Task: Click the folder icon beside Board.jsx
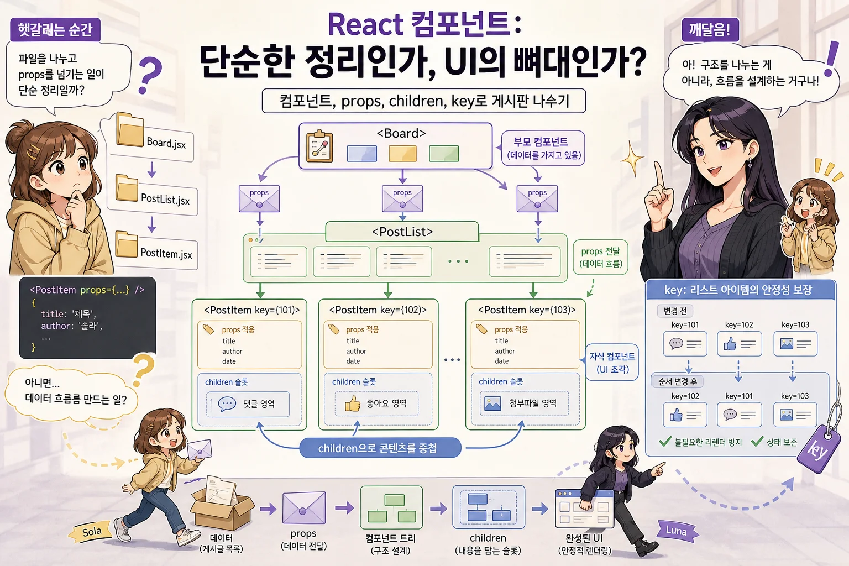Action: point(130,129)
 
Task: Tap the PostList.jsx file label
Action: point(165,199)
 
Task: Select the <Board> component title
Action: point(401,133)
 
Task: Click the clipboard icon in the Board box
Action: point(319,146)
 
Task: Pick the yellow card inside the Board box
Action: point(402,154)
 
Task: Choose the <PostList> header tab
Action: point(402,231)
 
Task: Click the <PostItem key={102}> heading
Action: point(378,310)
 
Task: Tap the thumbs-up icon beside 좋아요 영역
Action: point(352,403)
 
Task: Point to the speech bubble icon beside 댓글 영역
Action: point(227,404)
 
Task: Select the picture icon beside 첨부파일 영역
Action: point(492,403)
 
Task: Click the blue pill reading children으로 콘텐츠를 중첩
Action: point(380,448)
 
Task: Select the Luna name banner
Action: point(677,531)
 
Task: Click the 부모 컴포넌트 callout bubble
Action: point(543,148)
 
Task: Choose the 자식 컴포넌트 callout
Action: point(611,362)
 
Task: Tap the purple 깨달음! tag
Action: point(710,29)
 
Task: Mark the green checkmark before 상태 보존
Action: point(757,441)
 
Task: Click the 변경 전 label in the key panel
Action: point(675,311)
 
